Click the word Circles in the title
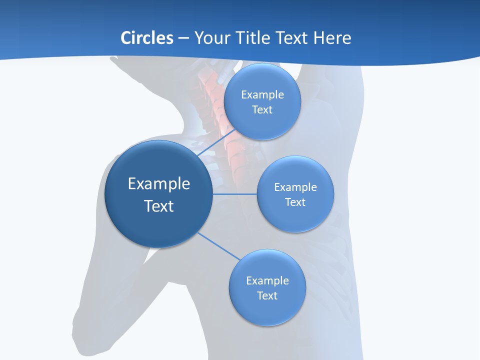pyautogui.click(x=146, y=38)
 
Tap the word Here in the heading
pyautogui.click(x=332, y=38)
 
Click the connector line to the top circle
pyautogui.click(x=216, y=143)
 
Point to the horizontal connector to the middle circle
pyautogui.click(x=235, y=194)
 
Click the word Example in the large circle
pyautogui.click(x=159, y=183)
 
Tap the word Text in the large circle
pyautogui.click(x=159, y=206)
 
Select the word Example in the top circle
pyautogui.click(x=262, y=94)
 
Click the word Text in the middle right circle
pyautogui.click(x=295, y=202)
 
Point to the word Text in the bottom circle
pyautogui.click(x=267, y=295)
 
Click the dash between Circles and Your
pyautogui.click(x=183, y=38)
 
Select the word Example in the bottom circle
pyautogui.click(x=267, y=280)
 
